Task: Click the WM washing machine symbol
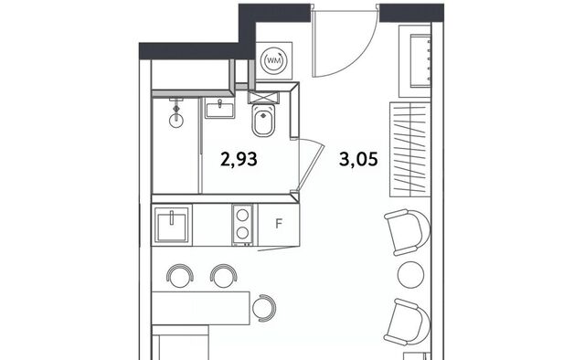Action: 274,60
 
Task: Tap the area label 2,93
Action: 239,159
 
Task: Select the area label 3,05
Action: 358,159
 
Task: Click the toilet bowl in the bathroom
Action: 263,120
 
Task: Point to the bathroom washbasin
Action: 220,109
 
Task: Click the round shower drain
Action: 176,121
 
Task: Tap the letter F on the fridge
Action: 279,224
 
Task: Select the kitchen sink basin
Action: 172,225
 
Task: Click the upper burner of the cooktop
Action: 242,216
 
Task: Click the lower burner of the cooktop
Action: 242,233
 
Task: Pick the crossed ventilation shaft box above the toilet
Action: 263,98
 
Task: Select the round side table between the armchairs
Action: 410,275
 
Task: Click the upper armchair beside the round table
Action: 407,232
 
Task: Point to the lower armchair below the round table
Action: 407,322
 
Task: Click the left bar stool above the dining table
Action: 180,276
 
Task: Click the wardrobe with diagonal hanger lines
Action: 410,149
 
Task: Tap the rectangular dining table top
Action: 201,308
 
